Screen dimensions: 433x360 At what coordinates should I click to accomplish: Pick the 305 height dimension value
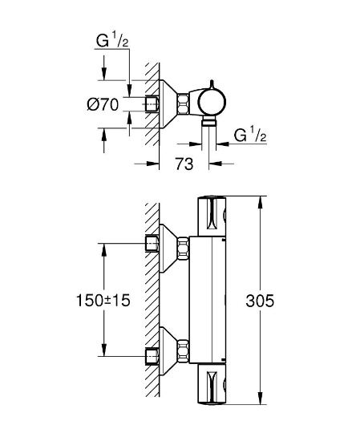tap(260, 301)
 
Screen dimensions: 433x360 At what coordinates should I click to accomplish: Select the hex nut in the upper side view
tap(185, 103)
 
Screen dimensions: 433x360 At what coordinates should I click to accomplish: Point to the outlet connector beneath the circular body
tap(212, 121)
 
